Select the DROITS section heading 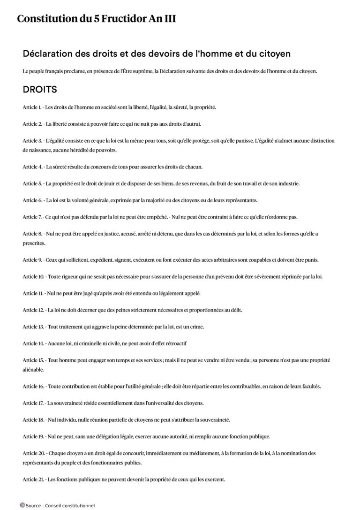(40, 89)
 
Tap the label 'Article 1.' (32, 107)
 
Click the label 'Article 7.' (32, 217)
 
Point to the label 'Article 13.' (34, 327)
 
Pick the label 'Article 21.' (34, 480)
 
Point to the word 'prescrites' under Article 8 (34, 243)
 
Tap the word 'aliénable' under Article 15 (33, 369)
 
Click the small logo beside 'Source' (22, 505)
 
